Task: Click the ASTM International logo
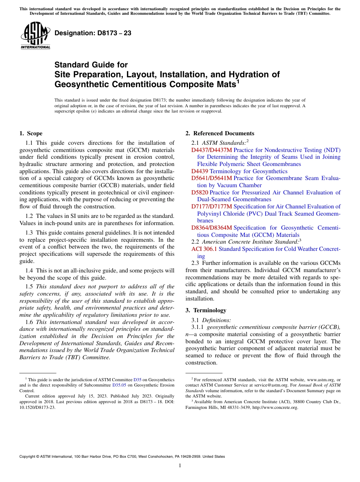[x=35, y=35]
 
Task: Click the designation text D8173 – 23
[x=93, y=33]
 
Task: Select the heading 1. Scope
[x=31, y=133]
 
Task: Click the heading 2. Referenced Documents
[x=220, y=133]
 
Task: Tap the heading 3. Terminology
[x=206, y=310]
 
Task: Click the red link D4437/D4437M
[x=211, y=150]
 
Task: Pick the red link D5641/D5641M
[x=211, y=178]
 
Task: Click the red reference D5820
[x=200, y=192]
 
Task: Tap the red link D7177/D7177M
[x=211, y=207]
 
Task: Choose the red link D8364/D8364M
[x=211, y=228]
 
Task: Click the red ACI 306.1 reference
[x=204, y=249]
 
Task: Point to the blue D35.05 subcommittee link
[x=119, y=385]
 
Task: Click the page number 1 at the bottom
[x=180, y=466]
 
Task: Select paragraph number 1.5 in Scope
[x=29, y=286]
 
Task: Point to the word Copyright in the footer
[x=28, y=457]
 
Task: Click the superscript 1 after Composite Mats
[x=238, y=81]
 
